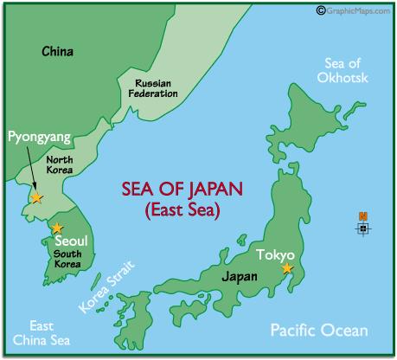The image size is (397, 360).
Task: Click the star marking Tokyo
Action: [x=287, y=269]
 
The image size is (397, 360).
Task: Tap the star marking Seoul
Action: [x=57, y=227]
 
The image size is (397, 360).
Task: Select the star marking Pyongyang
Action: [x=36, y=197]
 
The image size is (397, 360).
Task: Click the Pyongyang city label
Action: [x=38, y=137]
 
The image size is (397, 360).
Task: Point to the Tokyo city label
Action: [x=276, y=255]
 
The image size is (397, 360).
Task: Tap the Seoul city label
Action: [x=70, y=240]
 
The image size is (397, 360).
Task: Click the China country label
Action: [x=57, y=53]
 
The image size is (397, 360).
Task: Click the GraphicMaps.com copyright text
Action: [x=355, y=10]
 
